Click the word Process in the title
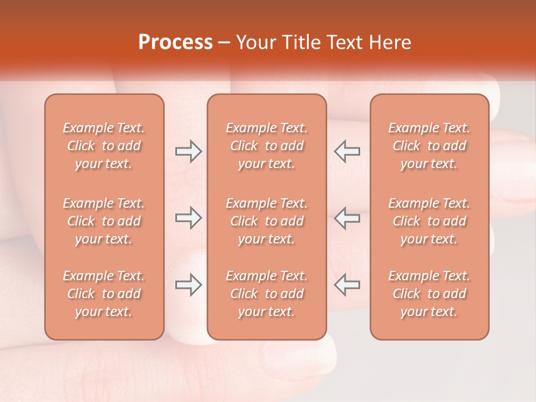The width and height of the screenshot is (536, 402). [175, 42]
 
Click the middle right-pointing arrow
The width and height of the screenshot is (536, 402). [189, 218]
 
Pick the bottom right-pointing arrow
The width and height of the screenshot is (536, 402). [189, 285]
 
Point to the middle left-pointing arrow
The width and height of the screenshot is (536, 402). [347, 218]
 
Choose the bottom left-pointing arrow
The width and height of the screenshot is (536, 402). [347, 285]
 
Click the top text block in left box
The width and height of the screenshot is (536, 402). [104, 146]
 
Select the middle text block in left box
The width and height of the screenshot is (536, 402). [104, 221]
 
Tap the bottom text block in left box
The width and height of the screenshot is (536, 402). [104, 294]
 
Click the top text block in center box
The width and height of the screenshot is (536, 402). [266, 146]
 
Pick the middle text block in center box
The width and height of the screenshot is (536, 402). [266, 221]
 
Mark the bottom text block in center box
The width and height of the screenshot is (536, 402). [266, 294]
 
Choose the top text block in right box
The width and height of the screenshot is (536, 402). [429, 146]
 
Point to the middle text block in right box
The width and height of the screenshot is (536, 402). [429, 221]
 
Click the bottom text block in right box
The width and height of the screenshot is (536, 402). [429, 294]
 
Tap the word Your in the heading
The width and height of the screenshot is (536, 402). [253, 42]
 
